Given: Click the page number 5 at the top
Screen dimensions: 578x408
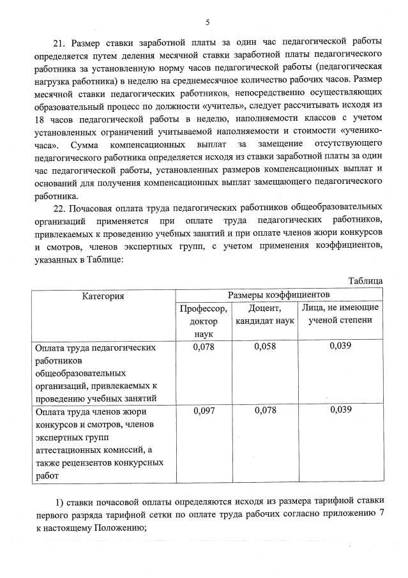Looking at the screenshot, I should (x=207, y=23).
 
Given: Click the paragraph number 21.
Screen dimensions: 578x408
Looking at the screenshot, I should (x=59, y=43).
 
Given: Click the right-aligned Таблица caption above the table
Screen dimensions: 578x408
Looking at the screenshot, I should (x=365, y=280).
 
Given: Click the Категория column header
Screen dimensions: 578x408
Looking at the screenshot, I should (x=103, y=296).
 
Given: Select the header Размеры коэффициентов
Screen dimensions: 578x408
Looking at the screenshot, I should (x=279, y=295).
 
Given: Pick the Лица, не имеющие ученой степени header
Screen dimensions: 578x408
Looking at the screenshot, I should (x=340, y=314).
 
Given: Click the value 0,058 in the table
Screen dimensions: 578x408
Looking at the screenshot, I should (x=264, y=346).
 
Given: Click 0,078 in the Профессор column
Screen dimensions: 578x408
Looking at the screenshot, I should (x=203, y=346).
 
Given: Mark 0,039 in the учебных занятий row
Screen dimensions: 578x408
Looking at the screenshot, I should (x=340, y=346).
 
